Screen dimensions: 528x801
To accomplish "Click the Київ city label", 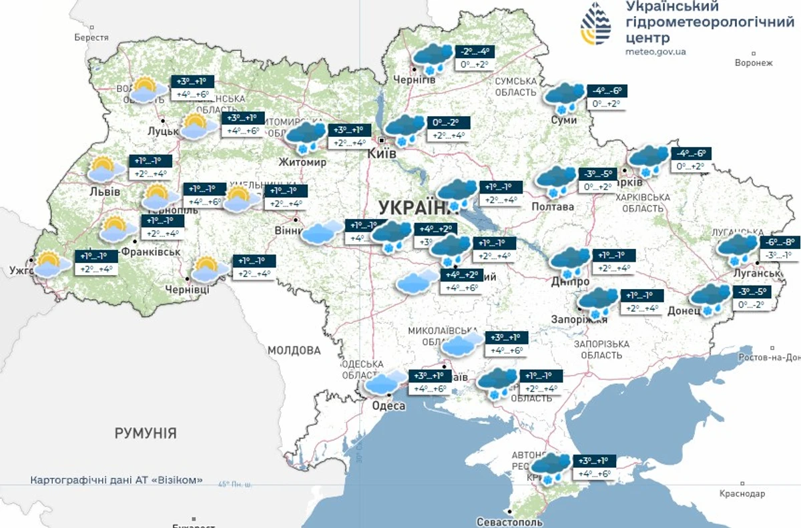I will tap(382, 154).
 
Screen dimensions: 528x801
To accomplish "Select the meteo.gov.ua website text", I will tap(655, 51).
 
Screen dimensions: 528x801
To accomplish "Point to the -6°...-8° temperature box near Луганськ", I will tap(779, 243).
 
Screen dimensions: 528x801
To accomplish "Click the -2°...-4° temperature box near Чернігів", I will tap(474, 51).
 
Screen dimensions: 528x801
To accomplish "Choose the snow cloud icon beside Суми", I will tap(563, 97).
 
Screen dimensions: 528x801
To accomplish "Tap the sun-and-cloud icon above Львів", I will tap(106, 170).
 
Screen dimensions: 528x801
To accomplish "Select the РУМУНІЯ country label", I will tap(146, 433).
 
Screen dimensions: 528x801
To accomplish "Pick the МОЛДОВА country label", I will tap(294, 350).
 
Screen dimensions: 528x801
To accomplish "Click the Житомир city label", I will tap(303, 162).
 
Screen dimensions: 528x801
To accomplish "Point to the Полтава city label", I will tap(552, 207).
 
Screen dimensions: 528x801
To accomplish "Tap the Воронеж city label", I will tap(753, 63).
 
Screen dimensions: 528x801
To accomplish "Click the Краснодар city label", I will tap(742, 493).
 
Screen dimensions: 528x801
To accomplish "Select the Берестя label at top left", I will tap(91, 38).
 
